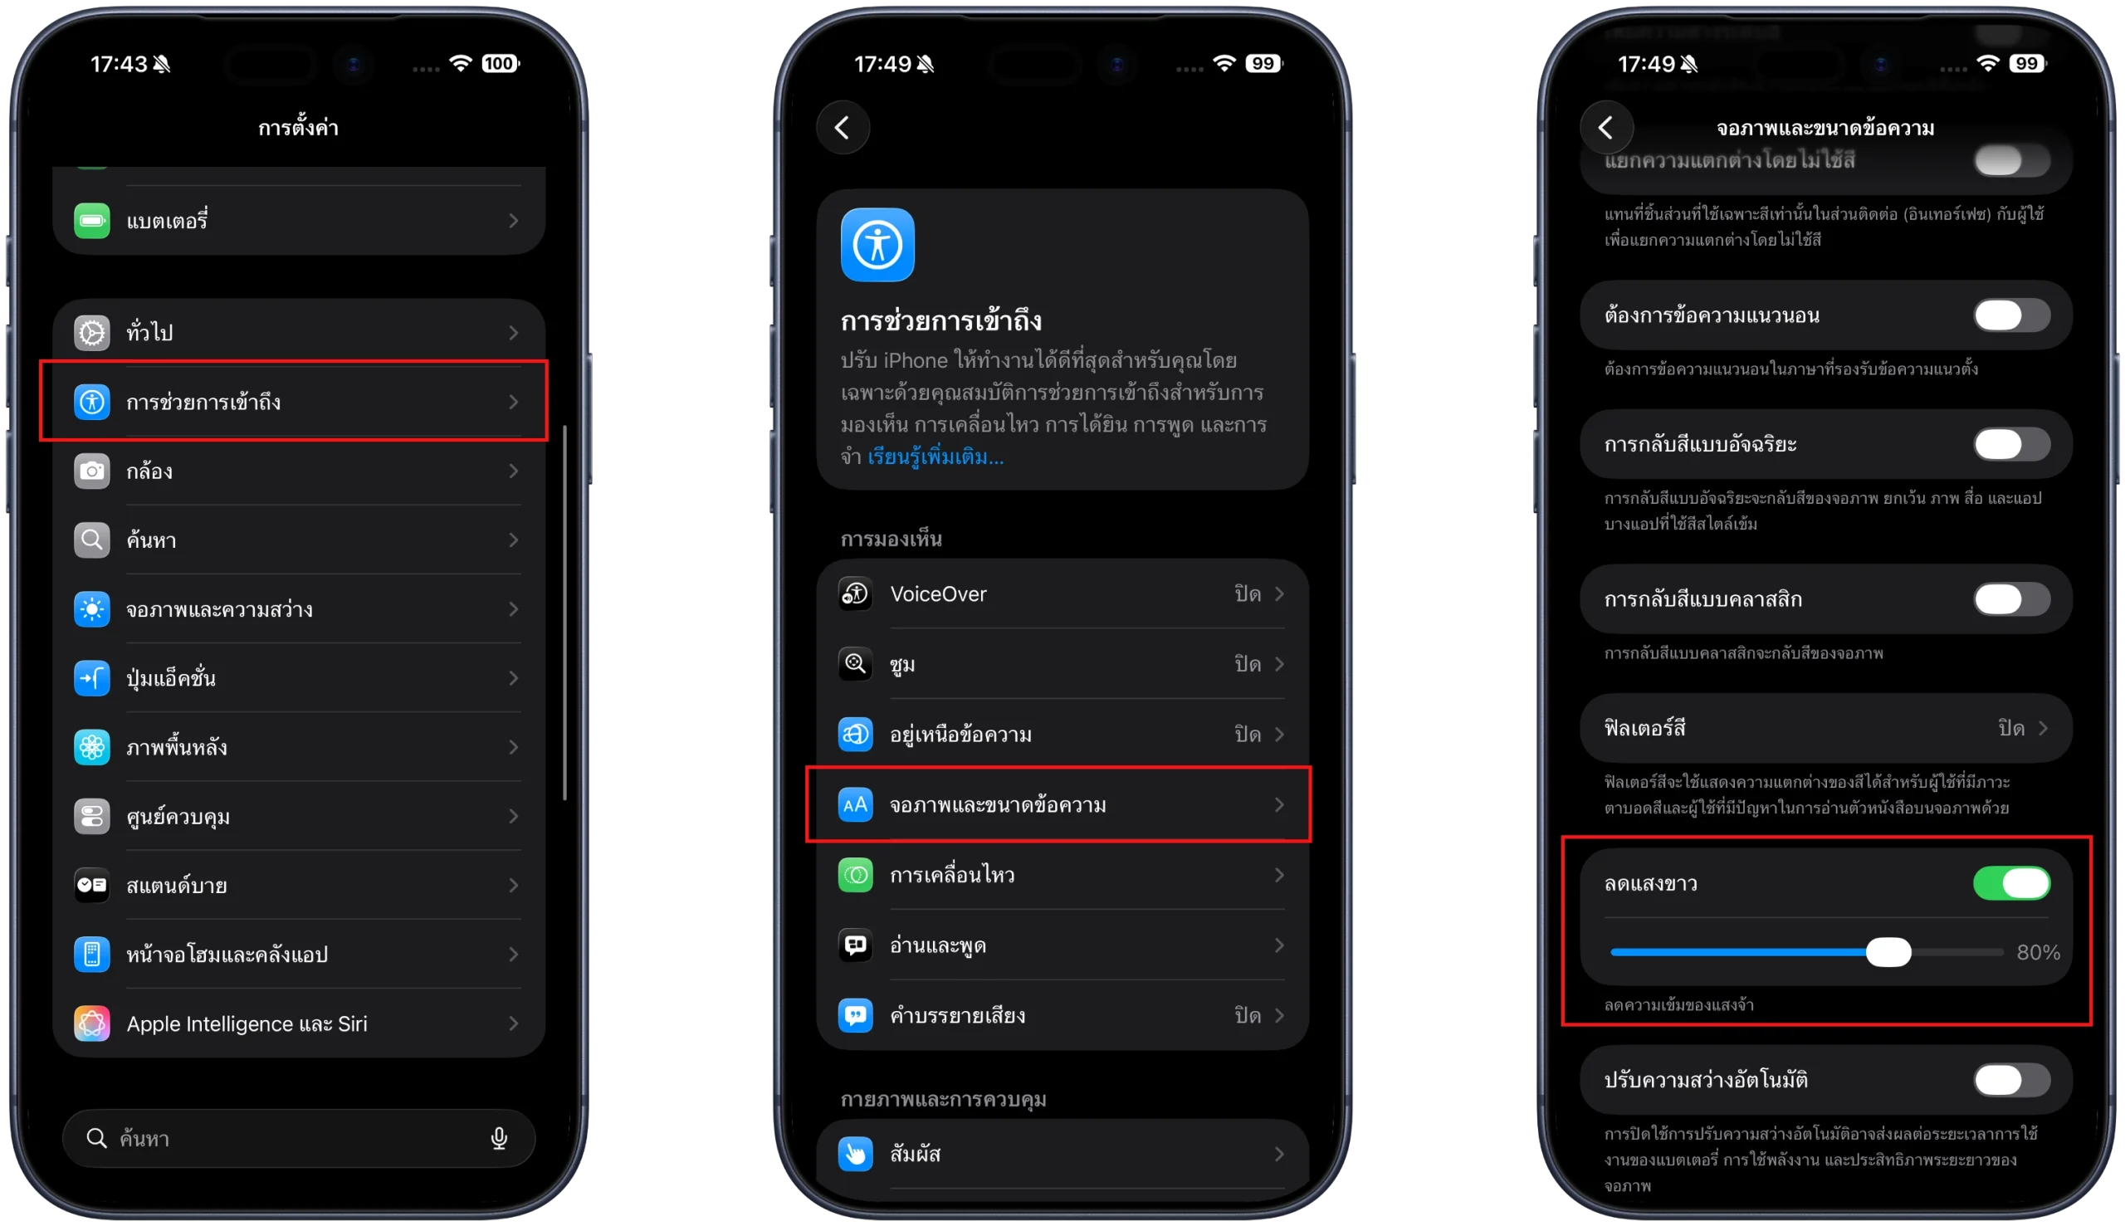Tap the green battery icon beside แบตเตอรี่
point(92,221)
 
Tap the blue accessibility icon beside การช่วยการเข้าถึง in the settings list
point(92,402)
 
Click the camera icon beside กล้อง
point(92,471)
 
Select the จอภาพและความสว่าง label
point(220,608)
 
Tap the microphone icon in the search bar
point(499,1139)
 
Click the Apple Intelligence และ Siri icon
point(92,1023)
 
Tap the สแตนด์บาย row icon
point(92,885)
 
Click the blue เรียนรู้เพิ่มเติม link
point(935,457)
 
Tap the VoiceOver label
point(938,593)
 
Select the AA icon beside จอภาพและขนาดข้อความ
point(855,805)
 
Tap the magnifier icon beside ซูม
point(855,664)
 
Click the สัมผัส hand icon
point(855,1154)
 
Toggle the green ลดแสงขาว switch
point(2011,883)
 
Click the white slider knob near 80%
point(1888,952)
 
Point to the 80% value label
point(2039,952)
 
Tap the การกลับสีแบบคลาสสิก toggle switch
point(2011,599)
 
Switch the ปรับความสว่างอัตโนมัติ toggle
point(2011,1079)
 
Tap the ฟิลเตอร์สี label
point(1645,727)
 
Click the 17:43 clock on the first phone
point(119,64)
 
